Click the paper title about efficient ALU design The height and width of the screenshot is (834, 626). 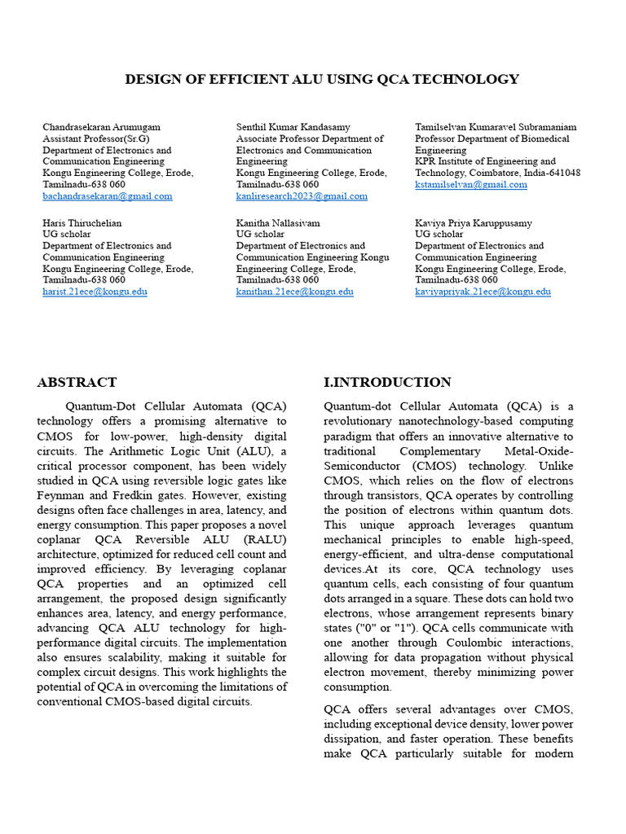(x=321, y=79)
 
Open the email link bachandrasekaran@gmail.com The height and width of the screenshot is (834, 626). (x=107, y=196)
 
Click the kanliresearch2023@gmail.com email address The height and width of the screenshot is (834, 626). (x=302, y=196)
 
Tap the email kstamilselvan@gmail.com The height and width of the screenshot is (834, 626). (x=470, y=185)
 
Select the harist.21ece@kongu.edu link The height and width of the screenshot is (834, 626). (x=95, y=292)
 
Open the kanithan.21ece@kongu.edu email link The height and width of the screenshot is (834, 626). (x=294, y=292)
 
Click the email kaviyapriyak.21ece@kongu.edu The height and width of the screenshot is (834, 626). (x=483, y=292)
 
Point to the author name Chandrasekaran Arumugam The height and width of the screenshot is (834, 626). (x=101, y=127)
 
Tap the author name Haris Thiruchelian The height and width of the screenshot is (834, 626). (x=82, y=222)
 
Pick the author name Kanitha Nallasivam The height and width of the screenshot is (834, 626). (x=278, y=222)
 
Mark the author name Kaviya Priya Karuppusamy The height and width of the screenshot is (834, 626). (x=473, y=222)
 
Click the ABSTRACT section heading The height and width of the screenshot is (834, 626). (x=77, y=382)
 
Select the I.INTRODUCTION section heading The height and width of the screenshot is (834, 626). (x=387, y=382)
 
